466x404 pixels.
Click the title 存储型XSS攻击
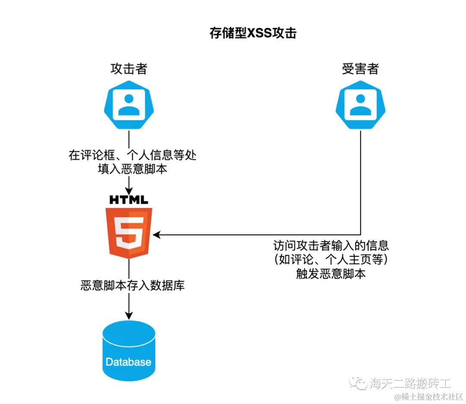(253, 33)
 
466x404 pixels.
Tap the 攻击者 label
(129, 69)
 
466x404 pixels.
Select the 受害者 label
(360, 69)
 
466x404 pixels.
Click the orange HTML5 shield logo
(129, 232)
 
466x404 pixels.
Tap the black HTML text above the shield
(129, 200)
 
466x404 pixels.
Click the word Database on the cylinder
(129, 362)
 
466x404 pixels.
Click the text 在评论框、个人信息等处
(132, 155)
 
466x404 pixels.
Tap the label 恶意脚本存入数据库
(132, 286)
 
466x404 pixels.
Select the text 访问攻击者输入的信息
(331, 246)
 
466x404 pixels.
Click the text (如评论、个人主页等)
(331, 260)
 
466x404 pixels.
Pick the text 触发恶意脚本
(331, 274)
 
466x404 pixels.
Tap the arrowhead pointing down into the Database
(129, 316)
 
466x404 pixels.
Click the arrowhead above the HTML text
(129, 190)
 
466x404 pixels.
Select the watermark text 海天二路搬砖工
(410, 383)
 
